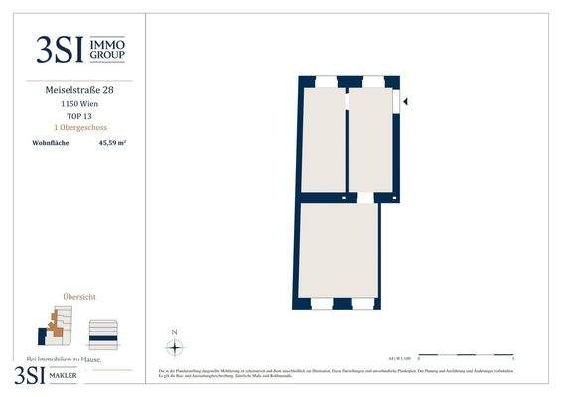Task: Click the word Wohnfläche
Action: pos(51,143)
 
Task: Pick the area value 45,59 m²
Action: pos(112,143)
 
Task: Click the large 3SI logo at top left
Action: pos(59,49)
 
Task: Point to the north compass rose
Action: pos(174,347)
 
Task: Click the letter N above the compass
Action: pos(174,331)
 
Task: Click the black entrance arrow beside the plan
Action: pos(405,100)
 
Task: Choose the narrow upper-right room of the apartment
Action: pos(370,139)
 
